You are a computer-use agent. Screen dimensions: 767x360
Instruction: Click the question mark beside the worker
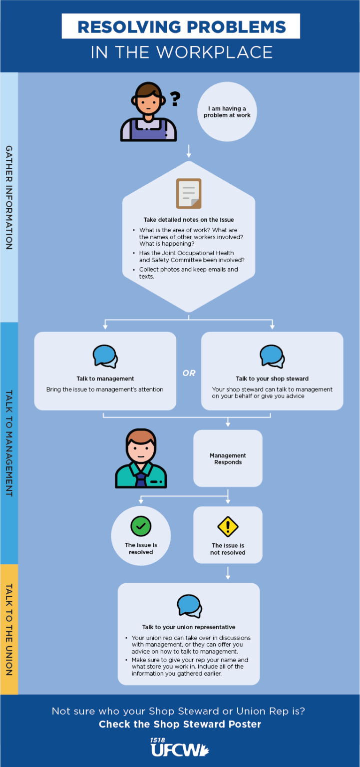tap(175, 99)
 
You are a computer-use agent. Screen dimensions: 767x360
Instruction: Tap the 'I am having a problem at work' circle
tap(227, 112)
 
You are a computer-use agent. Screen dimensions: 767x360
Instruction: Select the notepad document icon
tap(189, 193)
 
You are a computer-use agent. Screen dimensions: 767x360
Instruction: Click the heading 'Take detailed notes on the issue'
tap(189, 220)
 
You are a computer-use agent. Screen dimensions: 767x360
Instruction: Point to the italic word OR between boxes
tap(189, 373)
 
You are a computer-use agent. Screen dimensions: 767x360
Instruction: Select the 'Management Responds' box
tap(228, 458)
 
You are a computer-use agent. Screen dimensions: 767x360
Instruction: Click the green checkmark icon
tap(141, 526)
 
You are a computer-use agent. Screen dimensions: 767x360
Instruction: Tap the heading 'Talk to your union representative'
tap(189, 627)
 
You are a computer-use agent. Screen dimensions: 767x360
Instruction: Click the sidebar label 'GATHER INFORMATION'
tap(9, 197)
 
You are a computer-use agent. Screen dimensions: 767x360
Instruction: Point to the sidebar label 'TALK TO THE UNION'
tap(9, 629)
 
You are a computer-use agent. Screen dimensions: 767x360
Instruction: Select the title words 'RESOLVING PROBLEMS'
tap(181, 26)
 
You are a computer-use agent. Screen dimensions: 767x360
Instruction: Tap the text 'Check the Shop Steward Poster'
tap(180, 724)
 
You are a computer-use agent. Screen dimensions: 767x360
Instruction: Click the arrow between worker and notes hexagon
tap(189, 151)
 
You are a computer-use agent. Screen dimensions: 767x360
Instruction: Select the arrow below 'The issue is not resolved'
tap(228, 572)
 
